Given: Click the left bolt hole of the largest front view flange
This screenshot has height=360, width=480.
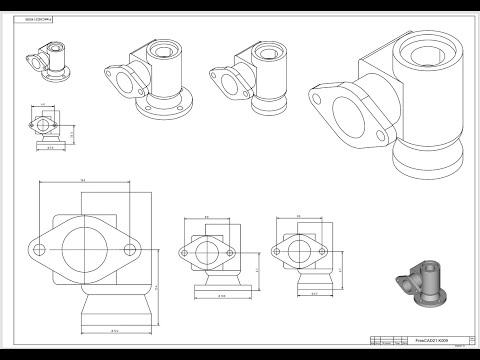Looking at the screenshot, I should point(46,246).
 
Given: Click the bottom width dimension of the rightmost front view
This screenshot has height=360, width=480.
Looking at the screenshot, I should point(314,293).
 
